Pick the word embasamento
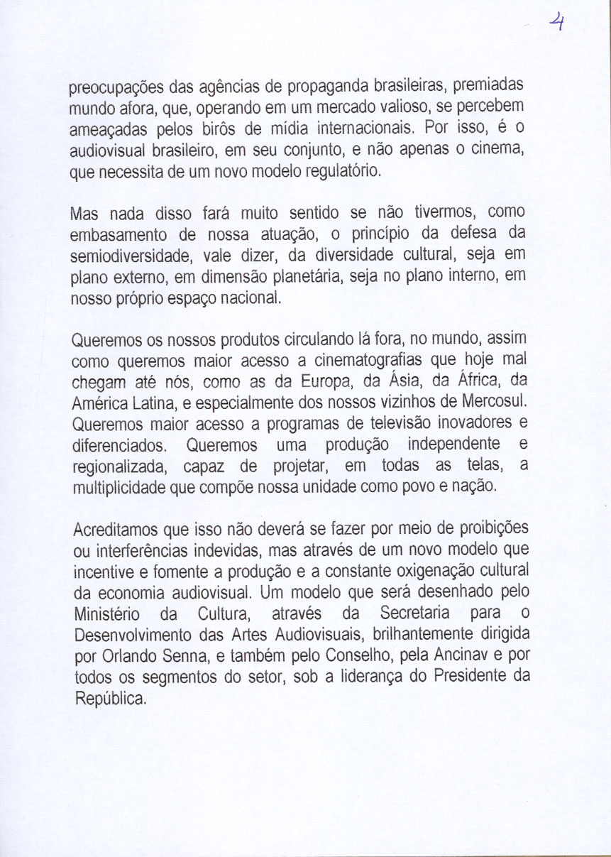tap(119, 235)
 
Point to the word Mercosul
tap(495, 403)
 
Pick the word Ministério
tap(106, 613)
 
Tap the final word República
tap(110, 699)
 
